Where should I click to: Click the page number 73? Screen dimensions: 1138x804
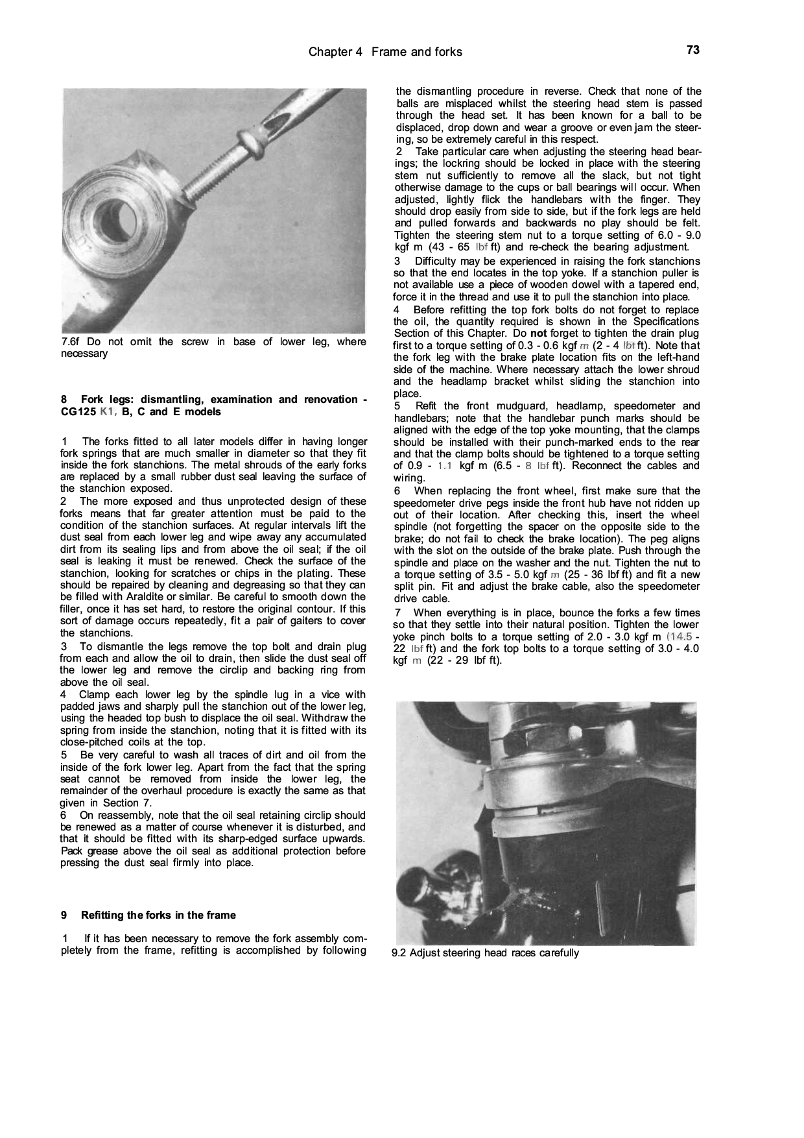pyautogui.click(x=692, y=50)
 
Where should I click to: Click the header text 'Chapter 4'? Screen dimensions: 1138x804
pyautogui.click(x=335, y=52)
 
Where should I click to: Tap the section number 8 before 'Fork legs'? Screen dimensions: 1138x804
pyautogui.click(x=64, y=400)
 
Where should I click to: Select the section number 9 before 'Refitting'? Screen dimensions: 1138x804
pyautogui.click(x=64, y=915)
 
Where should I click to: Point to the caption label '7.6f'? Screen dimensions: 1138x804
pyautogui.click(x=71, y=342)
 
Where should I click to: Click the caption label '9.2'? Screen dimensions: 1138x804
pyautogui.click(x=399, y=953)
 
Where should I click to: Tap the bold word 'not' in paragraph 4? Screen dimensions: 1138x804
pyautogui.click(x=538, y=333)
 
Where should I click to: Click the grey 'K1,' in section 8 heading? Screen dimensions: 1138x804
pyautogui.click(x=108, y=412)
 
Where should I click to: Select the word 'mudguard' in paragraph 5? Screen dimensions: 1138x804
pyautogui.click(x=514, y=406)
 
